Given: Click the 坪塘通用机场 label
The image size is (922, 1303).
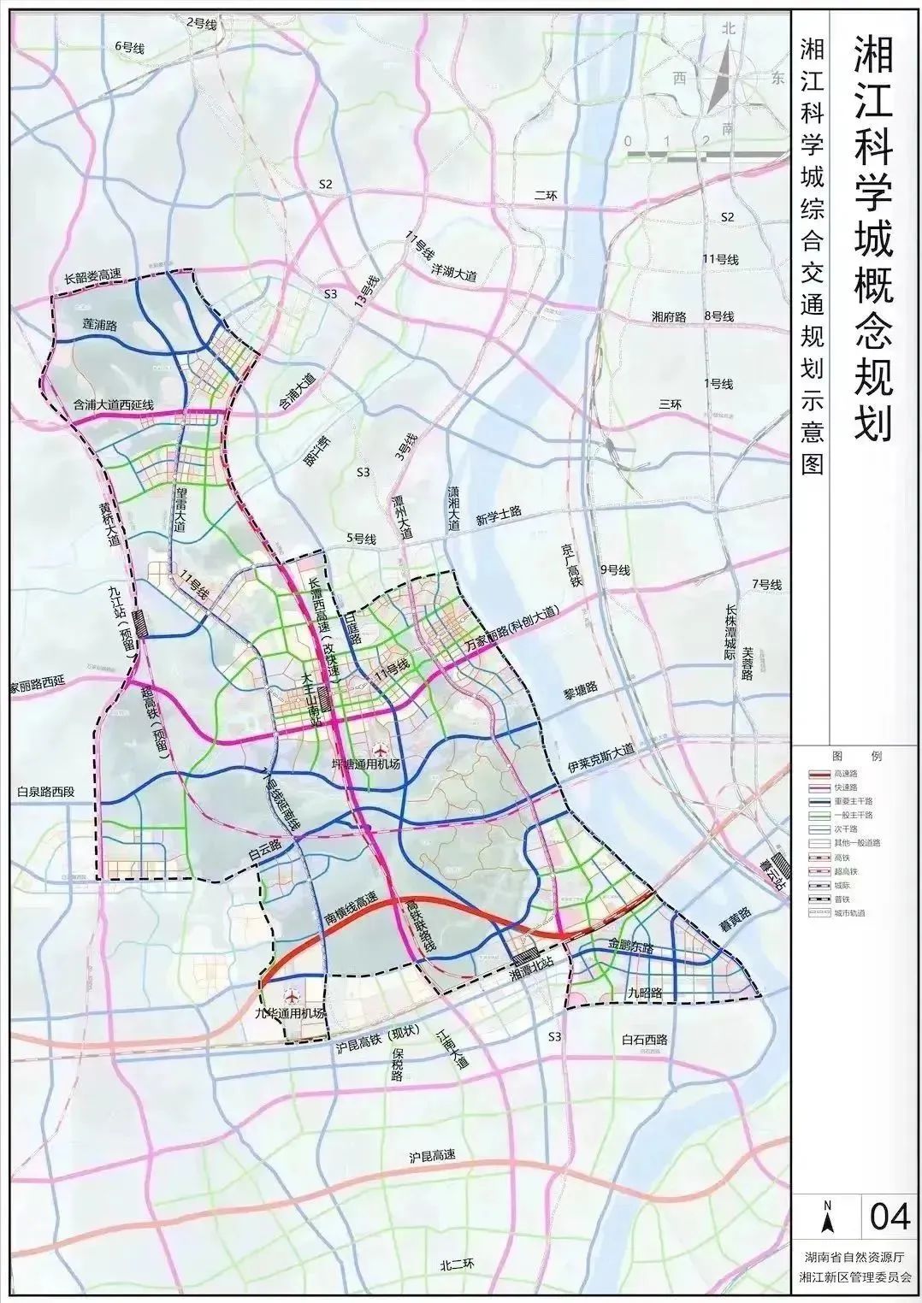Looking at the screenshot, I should pos(365,764).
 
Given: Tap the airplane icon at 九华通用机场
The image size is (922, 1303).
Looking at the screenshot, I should pos(293,998).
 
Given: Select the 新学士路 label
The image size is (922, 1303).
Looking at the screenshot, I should pos(499,516).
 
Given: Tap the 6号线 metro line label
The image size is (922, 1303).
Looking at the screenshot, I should pos(129,49).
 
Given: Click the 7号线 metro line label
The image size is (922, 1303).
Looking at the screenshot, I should pos(766,585).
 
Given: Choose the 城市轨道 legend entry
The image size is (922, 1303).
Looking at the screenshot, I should pos(851,912).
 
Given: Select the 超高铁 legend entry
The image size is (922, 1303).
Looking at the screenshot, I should pos(851,870).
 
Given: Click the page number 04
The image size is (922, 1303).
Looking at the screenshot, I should pos(889,1215).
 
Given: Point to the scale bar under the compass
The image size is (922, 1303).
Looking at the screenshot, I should pos(706,153).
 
